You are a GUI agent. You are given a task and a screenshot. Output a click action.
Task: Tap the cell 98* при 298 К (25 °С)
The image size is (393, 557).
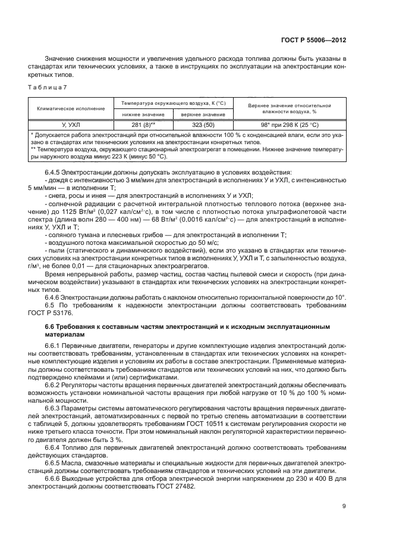[x=289, y=125]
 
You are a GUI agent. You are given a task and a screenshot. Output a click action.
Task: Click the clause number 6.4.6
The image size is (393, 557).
[x=54, y=296]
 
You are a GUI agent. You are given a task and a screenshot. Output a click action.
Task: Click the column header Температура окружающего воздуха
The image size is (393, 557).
[x=173, y=102]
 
